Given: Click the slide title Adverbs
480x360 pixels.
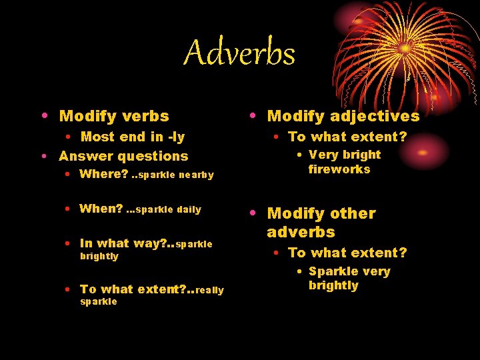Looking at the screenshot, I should [x=239, y=53].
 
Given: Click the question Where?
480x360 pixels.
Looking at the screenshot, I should [x=103, y=175].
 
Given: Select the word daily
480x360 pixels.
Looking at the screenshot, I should [x=189, y=209].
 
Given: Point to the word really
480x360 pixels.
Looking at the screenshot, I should [x=210, y=289].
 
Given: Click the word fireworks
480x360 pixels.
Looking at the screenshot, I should [x=339, y=169].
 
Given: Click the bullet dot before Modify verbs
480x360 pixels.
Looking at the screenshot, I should [x=45, y=115].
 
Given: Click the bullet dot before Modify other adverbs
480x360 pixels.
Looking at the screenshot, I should [x=253, y=213].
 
